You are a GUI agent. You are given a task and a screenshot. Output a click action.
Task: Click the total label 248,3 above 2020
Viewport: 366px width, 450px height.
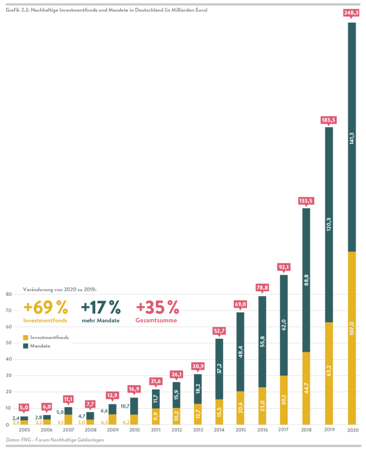[x=352, y=13]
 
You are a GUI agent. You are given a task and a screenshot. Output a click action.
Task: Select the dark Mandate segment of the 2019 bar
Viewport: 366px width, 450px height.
[x=329, y=224]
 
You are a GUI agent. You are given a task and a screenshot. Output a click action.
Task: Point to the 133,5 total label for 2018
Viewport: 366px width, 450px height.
[x=306, y=201]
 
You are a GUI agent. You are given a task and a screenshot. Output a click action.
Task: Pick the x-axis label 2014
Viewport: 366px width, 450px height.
[x=218, y=430]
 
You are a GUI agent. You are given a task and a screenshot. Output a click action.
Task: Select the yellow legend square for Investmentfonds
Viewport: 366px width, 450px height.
[x=25, y=337]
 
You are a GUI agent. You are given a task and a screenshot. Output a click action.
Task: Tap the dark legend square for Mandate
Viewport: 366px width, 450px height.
[x=25, y=346]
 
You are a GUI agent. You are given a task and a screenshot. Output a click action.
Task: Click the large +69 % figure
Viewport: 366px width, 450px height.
[x=45, y=306]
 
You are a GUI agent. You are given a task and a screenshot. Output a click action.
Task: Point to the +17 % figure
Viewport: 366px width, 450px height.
[x=101, y=306]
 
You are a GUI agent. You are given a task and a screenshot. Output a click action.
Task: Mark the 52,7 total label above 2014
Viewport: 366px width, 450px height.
[x=219, y=331]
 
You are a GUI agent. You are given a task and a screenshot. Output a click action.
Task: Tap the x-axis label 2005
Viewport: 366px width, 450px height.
[x=25, y=430]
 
